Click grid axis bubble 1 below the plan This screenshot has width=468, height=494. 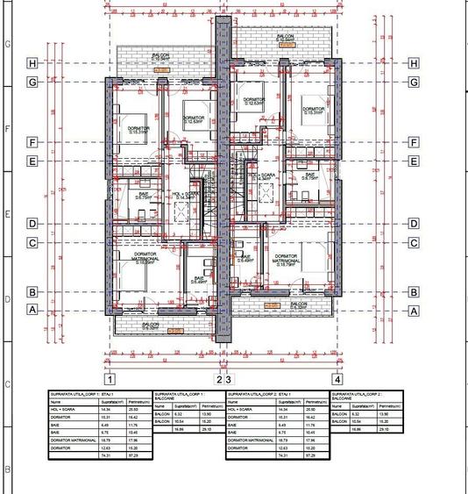(110, 380)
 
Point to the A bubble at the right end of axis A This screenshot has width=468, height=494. (414, 309)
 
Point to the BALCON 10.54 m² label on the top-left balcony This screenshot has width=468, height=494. (160, 56)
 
